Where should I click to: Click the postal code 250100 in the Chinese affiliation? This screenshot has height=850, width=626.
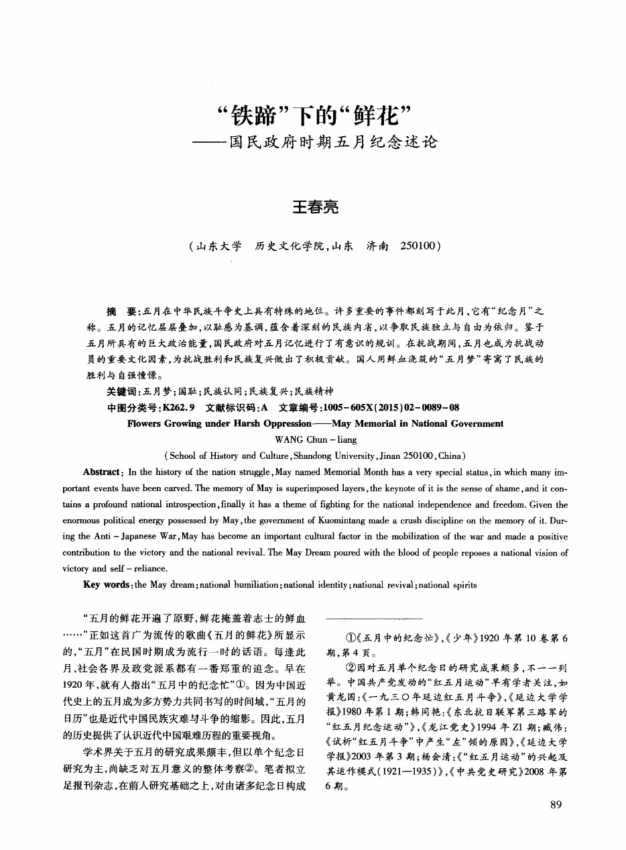coord(419,246)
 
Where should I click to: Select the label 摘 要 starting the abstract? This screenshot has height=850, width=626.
coord(121,312)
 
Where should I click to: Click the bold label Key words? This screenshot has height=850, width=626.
coord(107,585)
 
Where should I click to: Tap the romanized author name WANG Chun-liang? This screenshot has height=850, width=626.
coord(315,440)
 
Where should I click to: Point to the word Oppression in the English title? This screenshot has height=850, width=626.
coord(283,424)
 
